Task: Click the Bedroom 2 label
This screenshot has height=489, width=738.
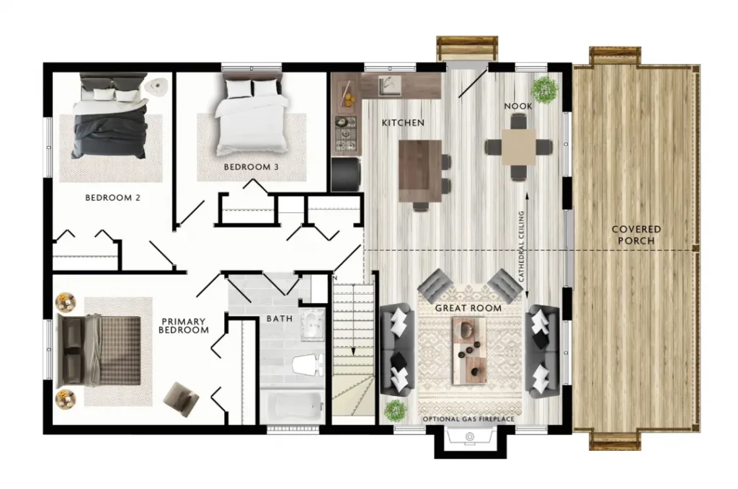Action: coord(112,198)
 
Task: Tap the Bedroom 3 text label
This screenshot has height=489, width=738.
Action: coord(251,167)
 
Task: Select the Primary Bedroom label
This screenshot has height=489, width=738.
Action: coord(184,326)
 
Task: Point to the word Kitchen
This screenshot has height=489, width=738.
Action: coord(403,122)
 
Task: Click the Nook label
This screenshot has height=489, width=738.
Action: coord(518,107)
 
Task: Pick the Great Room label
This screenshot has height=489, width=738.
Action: coord(468,308)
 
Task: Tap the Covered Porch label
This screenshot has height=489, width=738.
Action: coord(636,235)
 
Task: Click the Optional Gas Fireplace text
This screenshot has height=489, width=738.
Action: coord(468,419)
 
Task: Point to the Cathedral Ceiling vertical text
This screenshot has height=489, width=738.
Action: coord(521,246)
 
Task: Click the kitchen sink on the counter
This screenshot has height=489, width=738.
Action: coord(389,85)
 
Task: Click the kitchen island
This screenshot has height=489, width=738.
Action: coord(420,171)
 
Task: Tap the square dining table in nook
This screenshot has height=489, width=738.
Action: coord(518,147)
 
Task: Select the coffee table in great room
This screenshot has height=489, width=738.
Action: coord(469,351)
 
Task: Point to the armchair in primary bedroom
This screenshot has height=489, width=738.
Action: coord(181,399)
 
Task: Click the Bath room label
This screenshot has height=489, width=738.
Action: coord(280,319)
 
